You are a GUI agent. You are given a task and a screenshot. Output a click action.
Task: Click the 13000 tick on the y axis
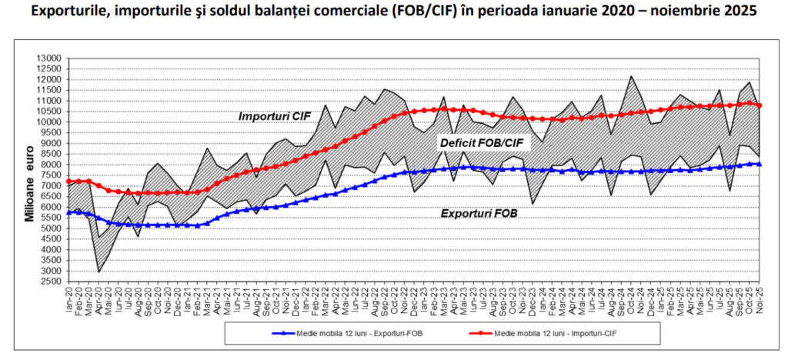coord(49,58)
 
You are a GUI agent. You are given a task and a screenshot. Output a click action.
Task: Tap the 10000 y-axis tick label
coord(49,122)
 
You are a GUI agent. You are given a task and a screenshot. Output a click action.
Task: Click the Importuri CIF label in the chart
coord(273,116)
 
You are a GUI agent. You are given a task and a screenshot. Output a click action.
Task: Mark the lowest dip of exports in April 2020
coord(98,272)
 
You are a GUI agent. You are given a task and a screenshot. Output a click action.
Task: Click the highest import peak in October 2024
coord(632,76)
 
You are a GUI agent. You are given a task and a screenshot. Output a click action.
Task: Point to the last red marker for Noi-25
coord(760,106)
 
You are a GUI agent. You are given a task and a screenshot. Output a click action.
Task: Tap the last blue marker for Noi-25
coord(760,164)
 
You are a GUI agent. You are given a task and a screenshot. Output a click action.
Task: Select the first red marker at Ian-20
coord(69,182)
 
